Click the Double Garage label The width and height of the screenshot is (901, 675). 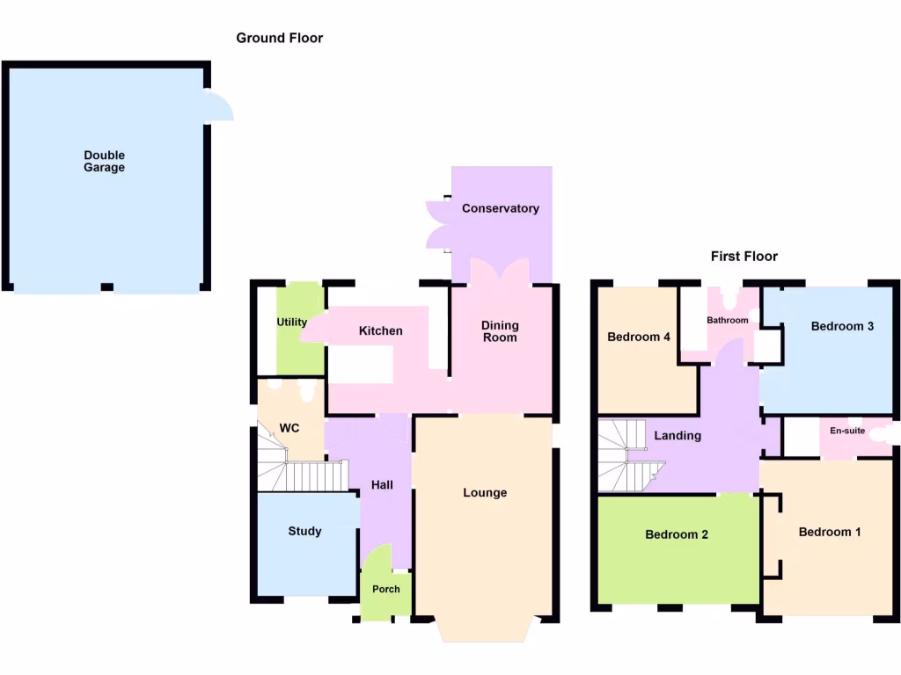[104, 162]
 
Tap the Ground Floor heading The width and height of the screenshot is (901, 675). [279, 38]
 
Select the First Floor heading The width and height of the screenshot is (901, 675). [744, 257]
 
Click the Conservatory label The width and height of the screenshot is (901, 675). [500, 208]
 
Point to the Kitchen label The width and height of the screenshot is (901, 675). [380, 330]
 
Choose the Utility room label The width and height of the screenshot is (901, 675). [292, 322]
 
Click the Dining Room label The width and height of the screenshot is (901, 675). [499, 331]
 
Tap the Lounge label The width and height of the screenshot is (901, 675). [485, 492]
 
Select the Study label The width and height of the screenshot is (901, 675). [304, 531]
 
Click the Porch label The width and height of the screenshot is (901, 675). [385, 589]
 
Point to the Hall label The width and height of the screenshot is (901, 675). [382, 485]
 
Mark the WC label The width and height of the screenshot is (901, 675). [289, 428]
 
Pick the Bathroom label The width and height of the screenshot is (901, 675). [727, 320]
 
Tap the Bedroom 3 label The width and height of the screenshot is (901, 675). [842, 326]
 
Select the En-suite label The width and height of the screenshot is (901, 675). [847, 431]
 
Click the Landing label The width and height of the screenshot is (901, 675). [678, 435]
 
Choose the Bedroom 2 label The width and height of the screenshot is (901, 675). [677, 534]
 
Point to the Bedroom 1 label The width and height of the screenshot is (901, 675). [830, 532]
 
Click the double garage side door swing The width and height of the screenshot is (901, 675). [219, 107]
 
